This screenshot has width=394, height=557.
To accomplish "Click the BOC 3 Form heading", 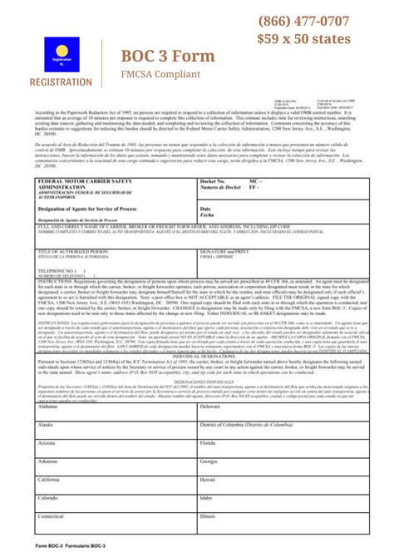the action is pyautogui.click(x=168, y=56).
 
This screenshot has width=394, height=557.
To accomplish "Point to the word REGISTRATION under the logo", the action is pyautogui.click(x=62, y=82).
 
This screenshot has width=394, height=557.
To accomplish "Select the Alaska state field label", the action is pyautogui.click(x=47, y=425).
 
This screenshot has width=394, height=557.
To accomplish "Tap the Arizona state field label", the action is pyautogui.click(x=47, y=443).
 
